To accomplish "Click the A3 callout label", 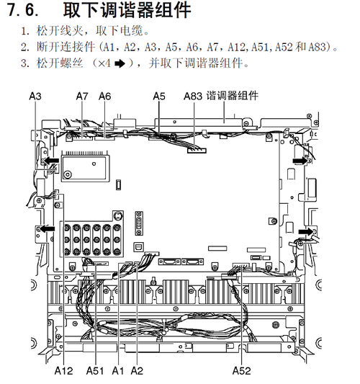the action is click(x=35, y=97).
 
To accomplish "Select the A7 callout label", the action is click(x=82, y=97).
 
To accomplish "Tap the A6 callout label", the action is click(x=104, y=97).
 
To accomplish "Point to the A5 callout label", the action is click(x=159, y=97).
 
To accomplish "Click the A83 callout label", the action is click(x=193, y=97).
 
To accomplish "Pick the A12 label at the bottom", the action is click(x=63, y=370).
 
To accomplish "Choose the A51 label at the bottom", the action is click(x=95, y=370).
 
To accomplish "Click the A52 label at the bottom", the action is click(x=241, y=370).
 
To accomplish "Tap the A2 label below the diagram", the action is click(x=137, y=370).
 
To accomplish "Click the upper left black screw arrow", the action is click(x=52, y=161).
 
